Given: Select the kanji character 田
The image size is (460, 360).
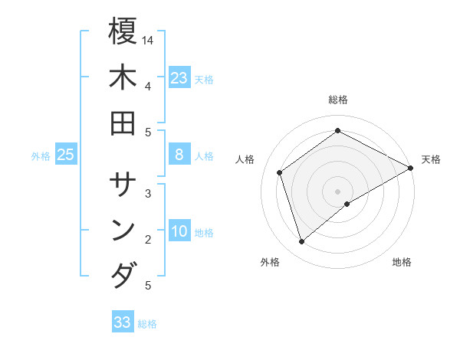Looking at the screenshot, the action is coord(123,123).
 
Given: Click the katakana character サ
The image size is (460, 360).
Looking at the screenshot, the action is coord(123,185).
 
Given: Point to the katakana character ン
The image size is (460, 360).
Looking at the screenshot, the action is coord(123,231).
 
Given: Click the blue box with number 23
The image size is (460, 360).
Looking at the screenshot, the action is coord(179,77).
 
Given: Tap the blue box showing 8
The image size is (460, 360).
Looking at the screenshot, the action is coord(179,155).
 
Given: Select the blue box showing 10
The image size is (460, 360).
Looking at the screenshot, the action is coord(179,231).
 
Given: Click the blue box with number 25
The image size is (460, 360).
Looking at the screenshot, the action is coord(66,155).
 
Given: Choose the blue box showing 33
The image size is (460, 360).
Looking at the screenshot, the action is coord(123,322).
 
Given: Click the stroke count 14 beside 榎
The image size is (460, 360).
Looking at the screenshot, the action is coord(148,39).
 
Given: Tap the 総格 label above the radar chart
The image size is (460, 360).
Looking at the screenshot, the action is coord(338,100).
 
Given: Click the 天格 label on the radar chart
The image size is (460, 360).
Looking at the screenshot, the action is coord(431,159).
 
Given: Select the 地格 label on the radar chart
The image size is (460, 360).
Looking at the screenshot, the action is coord(402,262).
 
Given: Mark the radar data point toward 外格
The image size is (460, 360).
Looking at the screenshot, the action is coord(302,242).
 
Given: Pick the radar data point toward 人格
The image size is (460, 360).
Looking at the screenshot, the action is coord(280,172).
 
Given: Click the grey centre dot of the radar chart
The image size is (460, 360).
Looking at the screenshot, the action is coord(338,191).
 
